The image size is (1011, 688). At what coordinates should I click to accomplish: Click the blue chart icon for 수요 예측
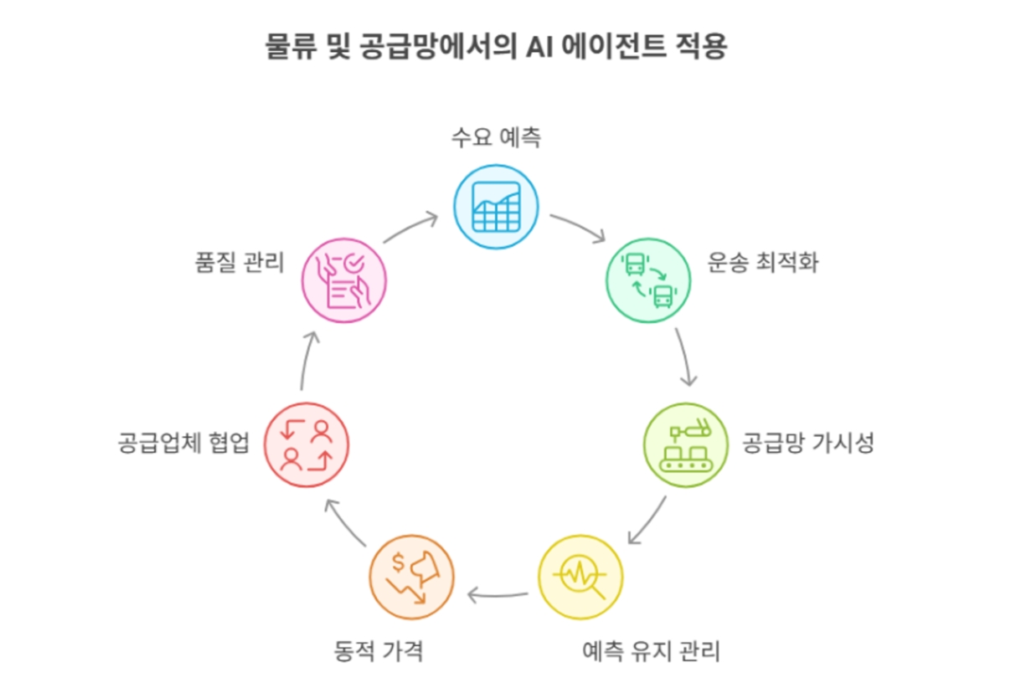pyautogui.click(x=496, y=206)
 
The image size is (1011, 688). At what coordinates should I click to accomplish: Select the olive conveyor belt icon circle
pyautogui.click(x=685, y=444)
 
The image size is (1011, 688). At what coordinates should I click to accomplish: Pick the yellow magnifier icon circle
pyautogui.click(x=580, y=576)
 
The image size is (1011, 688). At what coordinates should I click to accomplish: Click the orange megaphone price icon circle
pyautogui.click(x=411, y=576)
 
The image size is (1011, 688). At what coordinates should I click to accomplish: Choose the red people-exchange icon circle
pyautogui.click(x=306, y=444)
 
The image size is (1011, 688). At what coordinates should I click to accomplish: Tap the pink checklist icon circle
pyautogui.click(x=343, y=280)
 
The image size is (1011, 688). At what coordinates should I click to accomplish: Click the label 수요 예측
pyautogui.click(x=496, y=137)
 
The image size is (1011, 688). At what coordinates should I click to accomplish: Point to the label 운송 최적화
pyautogui.click(x=762, y=263)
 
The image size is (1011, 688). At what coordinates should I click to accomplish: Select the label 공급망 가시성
pyautogui.click(x=808, y=442)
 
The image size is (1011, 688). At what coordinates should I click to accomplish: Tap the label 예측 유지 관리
pyautogui.click(x=651, y=649)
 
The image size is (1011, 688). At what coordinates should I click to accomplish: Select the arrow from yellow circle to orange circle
pyautogui.click(x=498, y=595)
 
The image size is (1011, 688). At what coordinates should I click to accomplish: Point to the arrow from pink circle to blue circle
pyautogui.click(x=411, y=228)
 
